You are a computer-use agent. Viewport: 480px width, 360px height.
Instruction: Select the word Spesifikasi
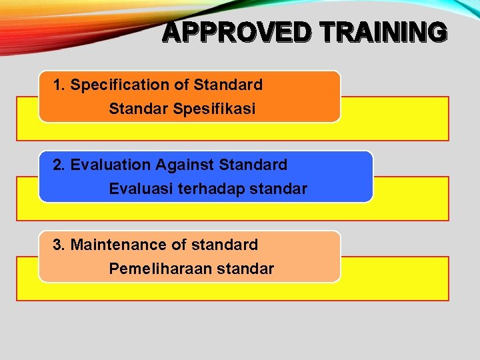click(x=213, y=109)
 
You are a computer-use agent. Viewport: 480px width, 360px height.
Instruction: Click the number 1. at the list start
click(x=59, y=85)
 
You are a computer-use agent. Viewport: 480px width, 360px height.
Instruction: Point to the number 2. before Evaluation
click(x=59, y=165)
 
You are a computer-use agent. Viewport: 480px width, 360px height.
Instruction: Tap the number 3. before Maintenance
click(x=59, y=245)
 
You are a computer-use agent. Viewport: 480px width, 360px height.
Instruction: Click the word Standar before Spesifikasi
click(x=135, y=109)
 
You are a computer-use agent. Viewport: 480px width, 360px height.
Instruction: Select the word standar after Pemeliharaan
click(x=244, y=269)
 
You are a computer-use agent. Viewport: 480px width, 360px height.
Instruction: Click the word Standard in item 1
click(x=228, y=85)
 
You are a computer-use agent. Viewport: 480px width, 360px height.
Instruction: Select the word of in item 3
click(x=179, y=245)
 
